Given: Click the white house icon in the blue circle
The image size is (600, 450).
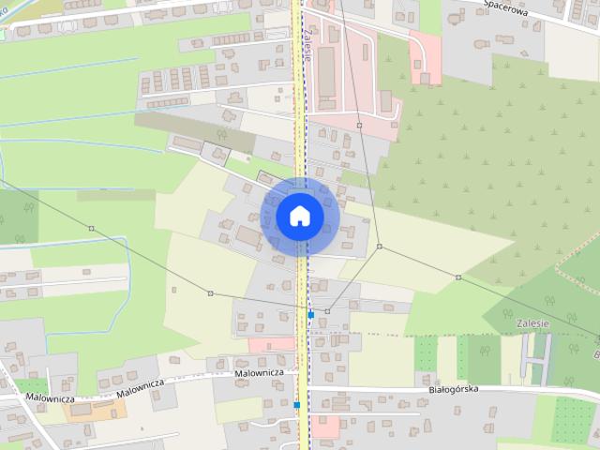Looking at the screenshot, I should tap(299, 216).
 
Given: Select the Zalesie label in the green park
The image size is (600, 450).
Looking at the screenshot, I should tap(532, 322).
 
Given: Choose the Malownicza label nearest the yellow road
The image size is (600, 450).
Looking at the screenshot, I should tap(259, 373).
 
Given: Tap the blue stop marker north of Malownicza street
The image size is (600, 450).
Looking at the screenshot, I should tap(310, 315).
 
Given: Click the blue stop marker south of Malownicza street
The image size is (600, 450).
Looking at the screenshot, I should tap(295, 405).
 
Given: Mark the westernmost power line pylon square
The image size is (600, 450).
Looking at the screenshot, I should tap(91, 228).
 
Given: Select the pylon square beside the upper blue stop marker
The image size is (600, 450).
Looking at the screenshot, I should tap(327, 310).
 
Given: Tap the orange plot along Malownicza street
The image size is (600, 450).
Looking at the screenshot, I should tap(87, 411).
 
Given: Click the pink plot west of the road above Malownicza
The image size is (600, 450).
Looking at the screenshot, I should tap(271, 344).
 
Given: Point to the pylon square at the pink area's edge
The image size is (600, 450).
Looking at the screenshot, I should tap(359, 124).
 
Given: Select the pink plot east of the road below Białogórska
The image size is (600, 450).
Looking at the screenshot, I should tap(325, 427).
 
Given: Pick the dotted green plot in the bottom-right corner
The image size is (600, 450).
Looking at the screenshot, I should tap(573, 419).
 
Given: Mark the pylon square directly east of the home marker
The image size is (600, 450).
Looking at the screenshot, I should tap(380, 247).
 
